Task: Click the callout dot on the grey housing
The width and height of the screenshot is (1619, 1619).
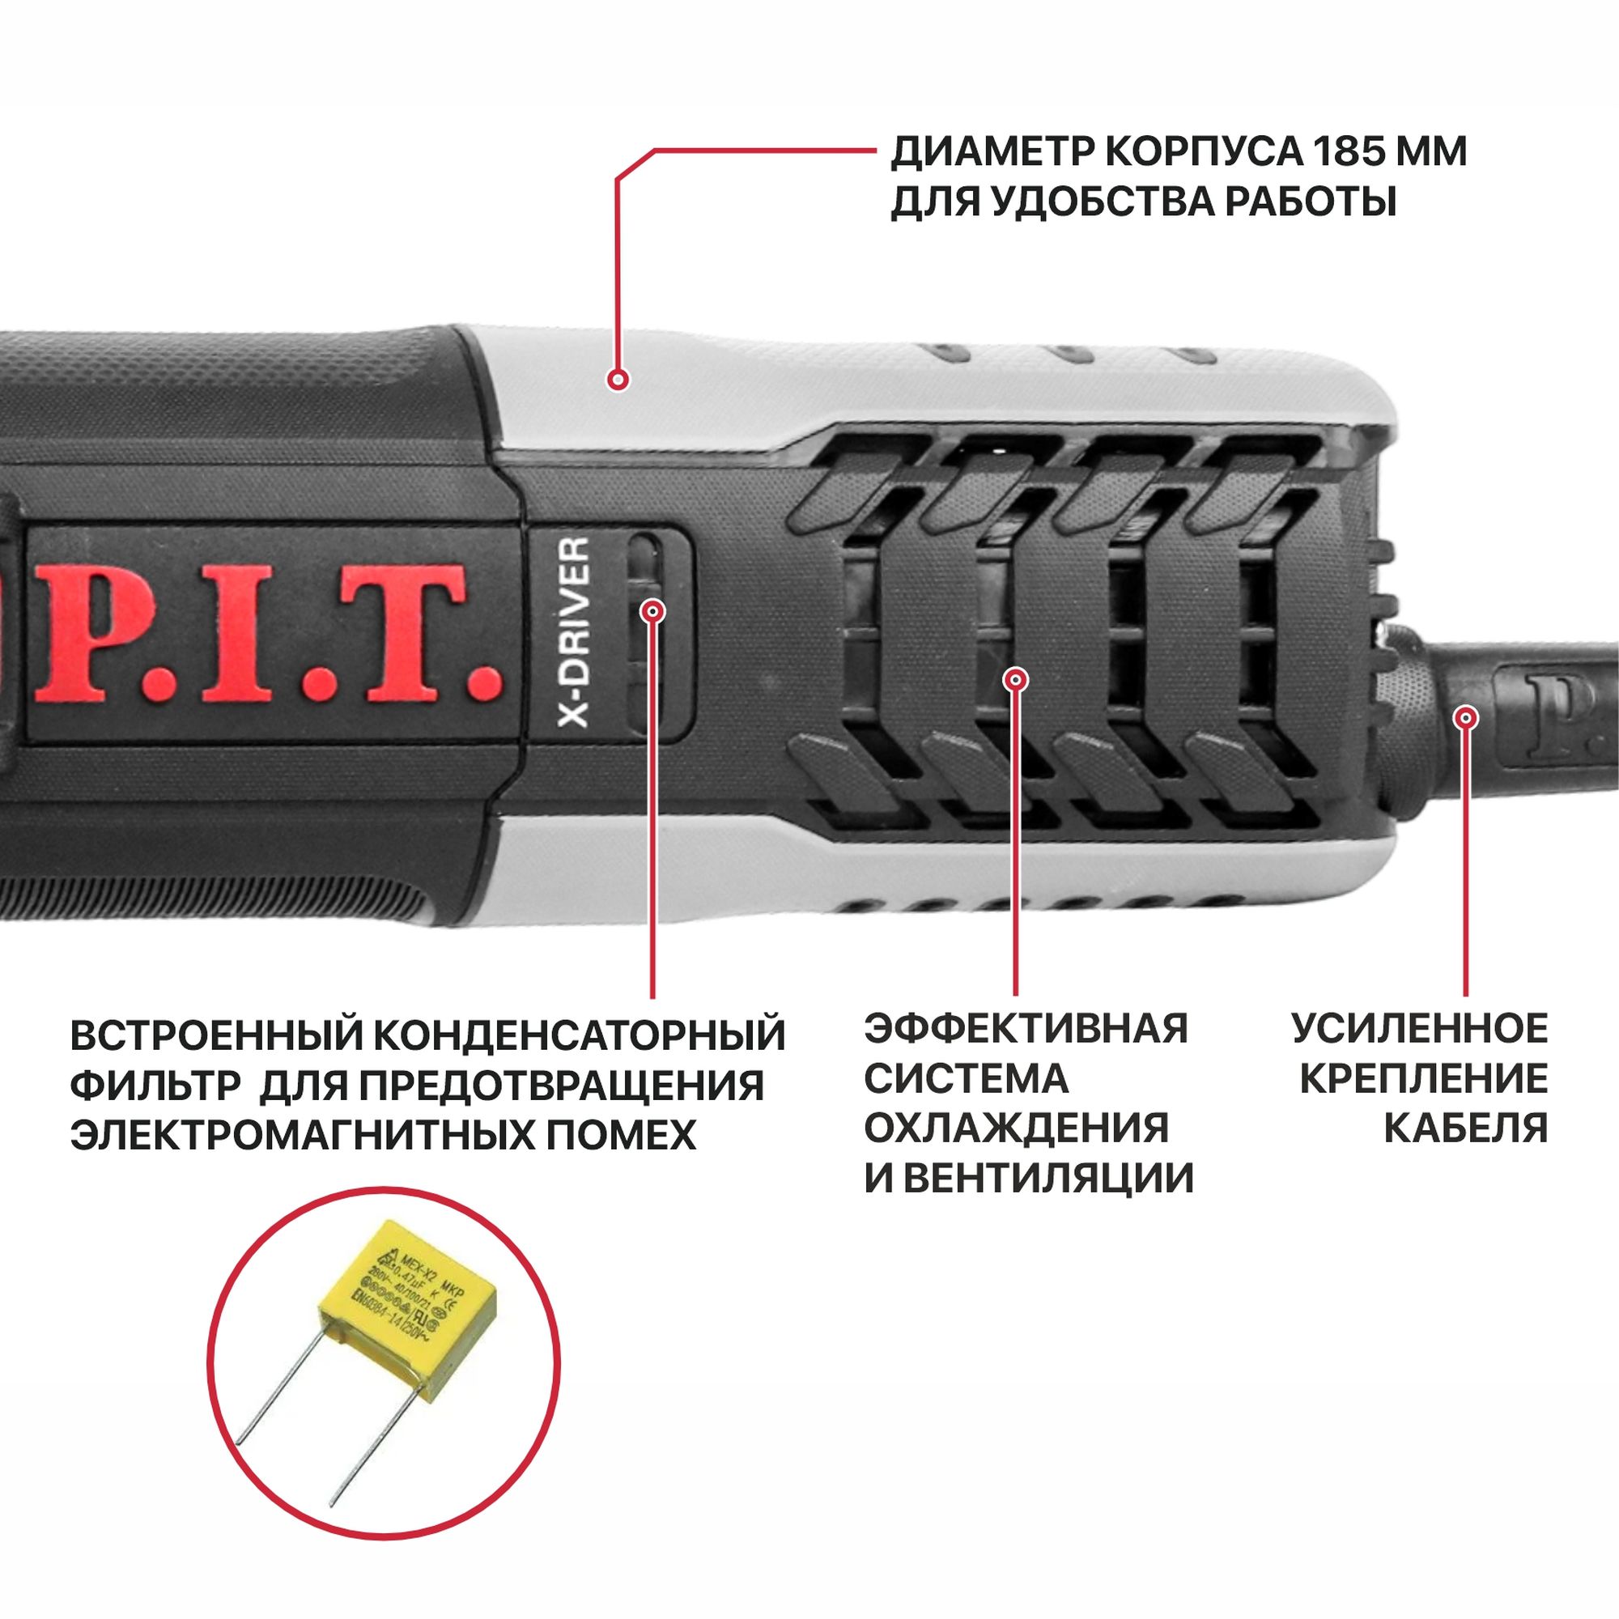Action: [618, 380]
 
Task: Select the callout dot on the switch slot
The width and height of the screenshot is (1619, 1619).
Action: [652, 610]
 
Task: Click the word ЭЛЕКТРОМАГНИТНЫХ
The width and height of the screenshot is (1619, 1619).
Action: [317, 1135]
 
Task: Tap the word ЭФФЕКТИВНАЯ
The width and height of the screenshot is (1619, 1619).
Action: [1026, 1028]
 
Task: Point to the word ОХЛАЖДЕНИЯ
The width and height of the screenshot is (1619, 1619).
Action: [1017, 1128]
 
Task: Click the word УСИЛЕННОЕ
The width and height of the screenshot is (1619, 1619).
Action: [1421, 1028]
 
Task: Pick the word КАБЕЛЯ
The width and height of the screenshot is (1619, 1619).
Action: [1466, 1128]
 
